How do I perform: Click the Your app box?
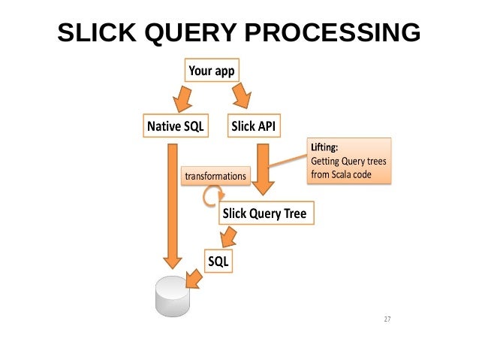point(211,71)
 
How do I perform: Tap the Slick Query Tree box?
point(264,214)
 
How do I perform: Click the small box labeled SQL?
point(219,261)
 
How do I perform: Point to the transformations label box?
point(215,176)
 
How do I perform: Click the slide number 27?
point(387,320)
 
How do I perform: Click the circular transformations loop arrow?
point(209,195)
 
